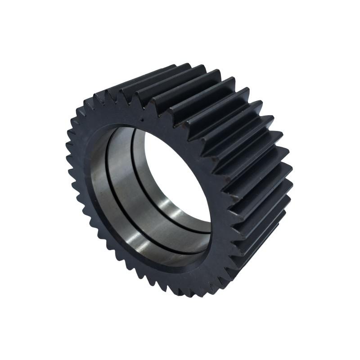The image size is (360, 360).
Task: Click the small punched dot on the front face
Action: click(x=142, y=120)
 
